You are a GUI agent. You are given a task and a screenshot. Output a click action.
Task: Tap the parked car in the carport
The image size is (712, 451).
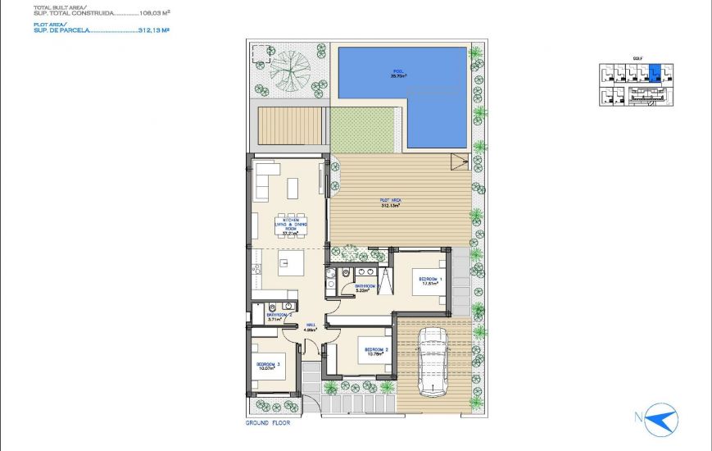point(430,361)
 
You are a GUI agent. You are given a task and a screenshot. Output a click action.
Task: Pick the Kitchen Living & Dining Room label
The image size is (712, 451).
point(289,225)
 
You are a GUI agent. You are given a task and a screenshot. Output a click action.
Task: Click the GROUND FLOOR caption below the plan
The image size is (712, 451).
point(268,423)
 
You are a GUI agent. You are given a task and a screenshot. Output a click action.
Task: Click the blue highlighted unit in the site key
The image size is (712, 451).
point(654,74)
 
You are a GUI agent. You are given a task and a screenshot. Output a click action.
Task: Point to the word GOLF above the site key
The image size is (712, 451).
point(638,58)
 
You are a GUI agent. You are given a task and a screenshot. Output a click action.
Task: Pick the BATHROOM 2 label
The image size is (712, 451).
point(279,315)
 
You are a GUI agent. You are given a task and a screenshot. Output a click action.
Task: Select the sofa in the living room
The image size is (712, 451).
point(264,181)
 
